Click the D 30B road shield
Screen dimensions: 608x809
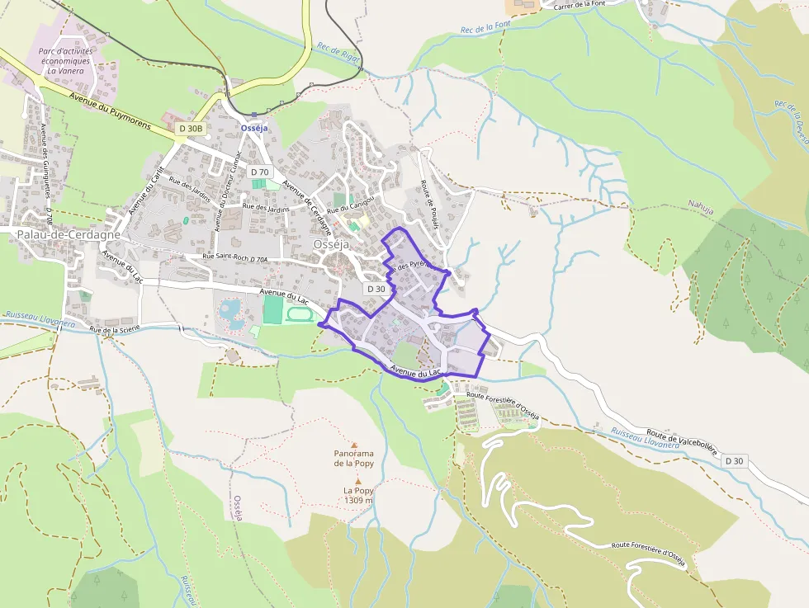tap(189, 128)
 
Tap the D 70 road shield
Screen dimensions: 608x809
tap(260, 172)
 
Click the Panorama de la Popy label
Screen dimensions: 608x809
tap(354, 459)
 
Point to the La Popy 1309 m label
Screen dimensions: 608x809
tap(358, 495)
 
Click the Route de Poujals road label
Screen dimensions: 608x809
tap(429, 197)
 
